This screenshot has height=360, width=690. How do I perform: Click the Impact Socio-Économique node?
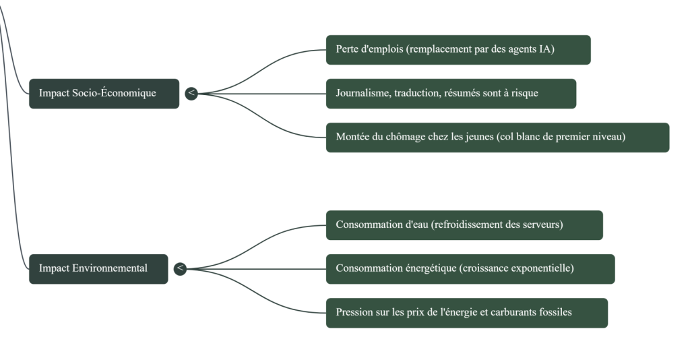click(104, 93)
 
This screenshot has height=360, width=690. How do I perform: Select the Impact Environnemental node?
click(98, 268)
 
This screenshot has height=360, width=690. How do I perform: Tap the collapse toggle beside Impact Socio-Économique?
click(191, 93)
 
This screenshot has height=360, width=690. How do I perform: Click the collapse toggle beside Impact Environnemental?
click(180, 269)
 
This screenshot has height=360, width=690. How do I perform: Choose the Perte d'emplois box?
click(458, 50)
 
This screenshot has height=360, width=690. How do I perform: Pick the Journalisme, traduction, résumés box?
click(451, 94)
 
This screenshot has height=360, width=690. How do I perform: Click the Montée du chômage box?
click(497, 137)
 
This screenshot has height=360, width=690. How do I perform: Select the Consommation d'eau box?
click(464, 225)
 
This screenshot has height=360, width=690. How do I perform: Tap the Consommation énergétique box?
click(470, 269)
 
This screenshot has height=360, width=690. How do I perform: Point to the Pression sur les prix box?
click(466, 313)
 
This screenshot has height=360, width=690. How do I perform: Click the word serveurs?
click(540, 225)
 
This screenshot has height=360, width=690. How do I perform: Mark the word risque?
click(524, 94)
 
